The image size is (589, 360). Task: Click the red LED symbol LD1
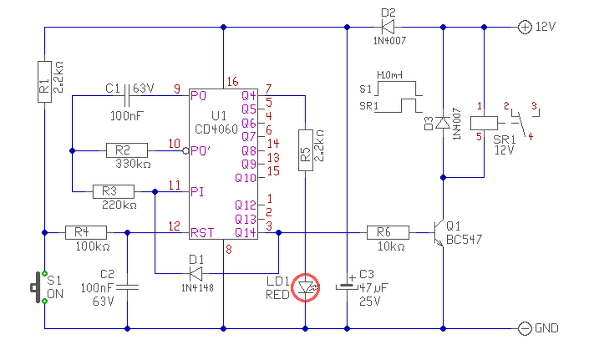[306, 288]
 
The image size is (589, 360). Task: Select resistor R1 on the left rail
[45, 82]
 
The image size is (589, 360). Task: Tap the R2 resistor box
[127, 151]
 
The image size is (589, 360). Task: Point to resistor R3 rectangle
[114, 192]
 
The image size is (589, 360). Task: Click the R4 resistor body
[86, 232]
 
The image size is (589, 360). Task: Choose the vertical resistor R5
[306, 150]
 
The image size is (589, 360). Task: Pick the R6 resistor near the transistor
[388, 232]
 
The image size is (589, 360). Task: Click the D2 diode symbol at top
[388, 27]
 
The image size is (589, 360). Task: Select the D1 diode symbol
[196, 274]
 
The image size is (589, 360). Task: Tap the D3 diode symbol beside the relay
[443, 122]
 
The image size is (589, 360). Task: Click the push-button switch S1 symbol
[38, 287]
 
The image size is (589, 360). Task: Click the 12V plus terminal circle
[525, 27]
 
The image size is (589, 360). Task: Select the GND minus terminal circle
[525, 328]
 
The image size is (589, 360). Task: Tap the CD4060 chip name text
[216, 129]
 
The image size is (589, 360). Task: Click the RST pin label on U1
[202, 233]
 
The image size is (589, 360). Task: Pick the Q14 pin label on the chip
[245, 233]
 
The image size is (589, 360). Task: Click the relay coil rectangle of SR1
[484, 123]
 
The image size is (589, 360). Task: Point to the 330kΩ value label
[133, 164]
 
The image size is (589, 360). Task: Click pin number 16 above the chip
[233, 82]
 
